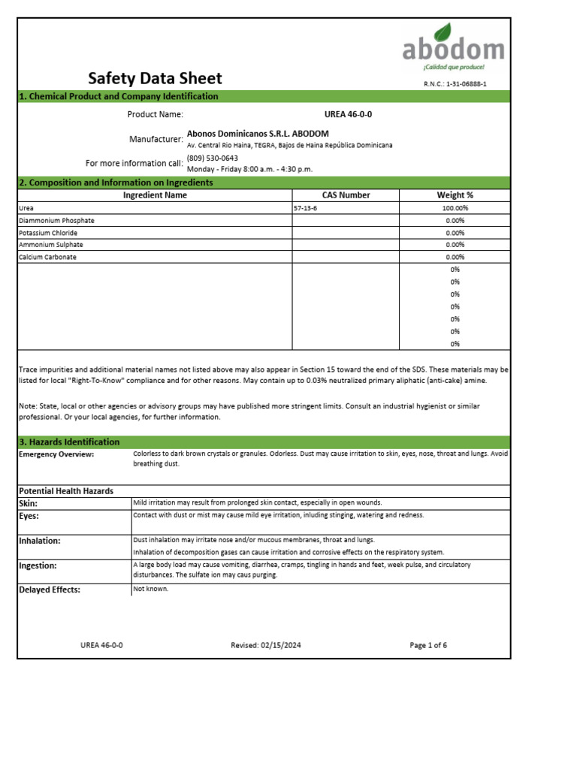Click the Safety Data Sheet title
tap(155, 78)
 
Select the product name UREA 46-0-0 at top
tap(348, 114)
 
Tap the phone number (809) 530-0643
tap(212, 158)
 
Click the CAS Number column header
tap(346, 195)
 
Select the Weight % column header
tap(455, 195)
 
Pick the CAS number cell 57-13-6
tap(306, 208)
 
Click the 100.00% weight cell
tap(455, 208)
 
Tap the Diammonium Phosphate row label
tap(56, 221)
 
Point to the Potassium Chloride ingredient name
tap(48, 233)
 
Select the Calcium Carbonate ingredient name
tap(47, 257)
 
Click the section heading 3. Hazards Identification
tap(69, 442)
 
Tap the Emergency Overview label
tap(56, 454)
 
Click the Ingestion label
tap(38, 565)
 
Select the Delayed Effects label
tap(49, 590)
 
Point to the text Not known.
tap(151, 589)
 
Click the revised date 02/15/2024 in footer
tap(266, 645)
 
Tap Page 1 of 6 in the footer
tap(428, 645)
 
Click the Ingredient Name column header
tap(155, 195)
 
